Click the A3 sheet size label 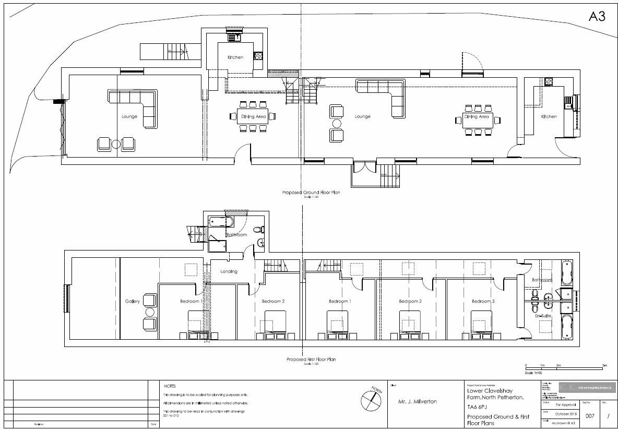(597, 17)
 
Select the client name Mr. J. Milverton (418, 401)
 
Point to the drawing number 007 (590, 416)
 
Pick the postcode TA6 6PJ (479, 407)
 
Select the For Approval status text (566, 404)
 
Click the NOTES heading (170, 386)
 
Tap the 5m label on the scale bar (604, 365)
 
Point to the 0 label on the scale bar (526, 365)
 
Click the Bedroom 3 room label (482, 302)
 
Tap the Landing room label (229, 271)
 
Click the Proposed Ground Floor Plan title (311, 193)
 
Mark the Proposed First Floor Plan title (311, 360)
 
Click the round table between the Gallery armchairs (150, 312)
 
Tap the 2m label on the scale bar (558, 365)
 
